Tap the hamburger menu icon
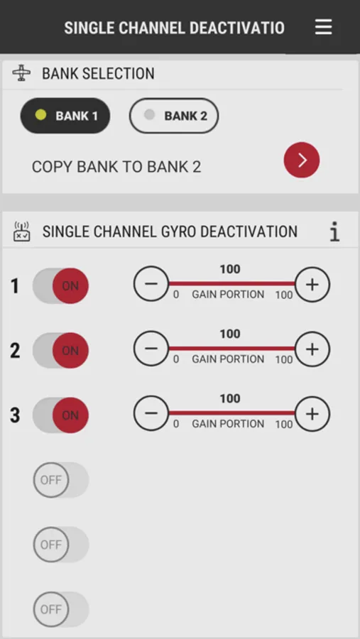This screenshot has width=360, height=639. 323,27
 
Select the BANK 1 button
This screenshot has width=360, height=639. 65,116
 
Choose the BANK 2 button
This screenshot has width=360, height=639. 174,116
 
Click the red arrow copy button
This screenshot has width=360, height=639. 302,160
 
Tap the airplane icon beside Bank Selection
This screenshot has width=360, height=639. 21,73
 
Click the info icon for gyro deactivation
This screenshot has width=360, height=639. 334,231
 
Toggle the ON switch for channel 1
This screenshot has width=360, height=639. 61,285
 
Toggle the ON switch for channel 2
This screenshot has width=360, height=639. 61,351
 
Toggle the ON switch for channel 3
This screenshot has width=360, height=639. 61,415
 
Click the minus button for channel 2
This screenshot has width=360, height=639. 151,349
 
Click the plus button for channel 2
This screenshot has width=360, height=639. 312,349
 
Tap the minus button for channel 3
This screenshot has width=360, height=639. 151,414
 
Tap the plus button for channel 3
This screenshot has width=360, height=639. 312,414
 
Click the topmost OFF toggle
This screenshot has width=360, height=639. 61,480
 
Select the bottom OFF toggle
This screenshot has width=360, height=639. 61,610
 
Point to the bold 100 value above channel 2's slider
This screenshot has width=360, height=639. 230,334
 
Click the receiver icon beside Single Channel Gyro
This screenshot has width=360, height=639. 21,231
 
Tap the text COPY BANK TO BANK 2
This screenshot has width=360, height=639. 116,167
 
